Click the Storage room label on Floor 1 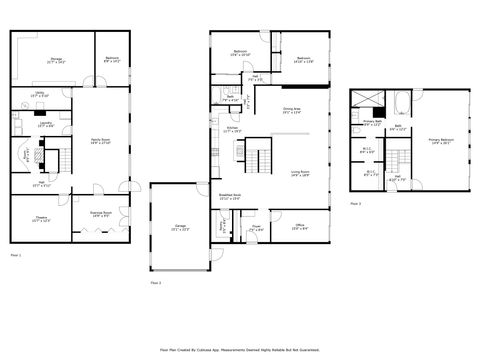[x=57, y=61]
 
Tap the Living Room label [x=300, y=173]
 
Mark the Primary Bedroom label [x=441, y=141]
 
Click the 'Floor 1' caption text [x=15, y=256]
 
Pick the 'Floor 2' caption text [x=155, y=283]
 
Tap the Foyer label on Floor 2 [x=256, y=228]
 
